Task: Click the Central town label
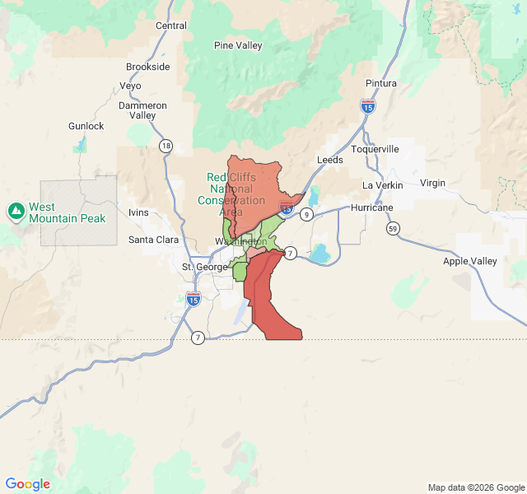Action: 171,26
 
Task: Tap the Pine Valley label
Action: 238,46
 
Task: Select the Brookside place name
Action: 148,67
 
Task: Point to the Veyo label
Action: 130,86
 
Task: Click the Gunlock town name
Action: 86,126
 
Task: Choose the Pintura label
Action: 381,83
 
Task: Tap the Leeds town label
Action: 330,160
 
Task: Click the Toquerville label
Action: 375,149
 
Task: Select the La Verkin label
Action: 383,185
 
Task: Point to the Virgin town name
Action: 432,183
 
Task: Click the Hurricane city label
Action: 372,207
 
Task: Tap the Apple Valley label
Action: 470,261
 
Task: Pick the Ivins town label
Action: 138,212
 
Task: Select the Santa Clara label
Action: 153,240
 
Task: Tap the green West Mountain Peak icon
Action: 16,212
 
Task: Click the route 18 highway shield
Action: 166,147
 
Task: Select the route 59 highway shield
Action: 394,228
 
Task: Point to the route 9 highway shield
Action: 306,214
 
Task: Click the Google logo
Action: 27,484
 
